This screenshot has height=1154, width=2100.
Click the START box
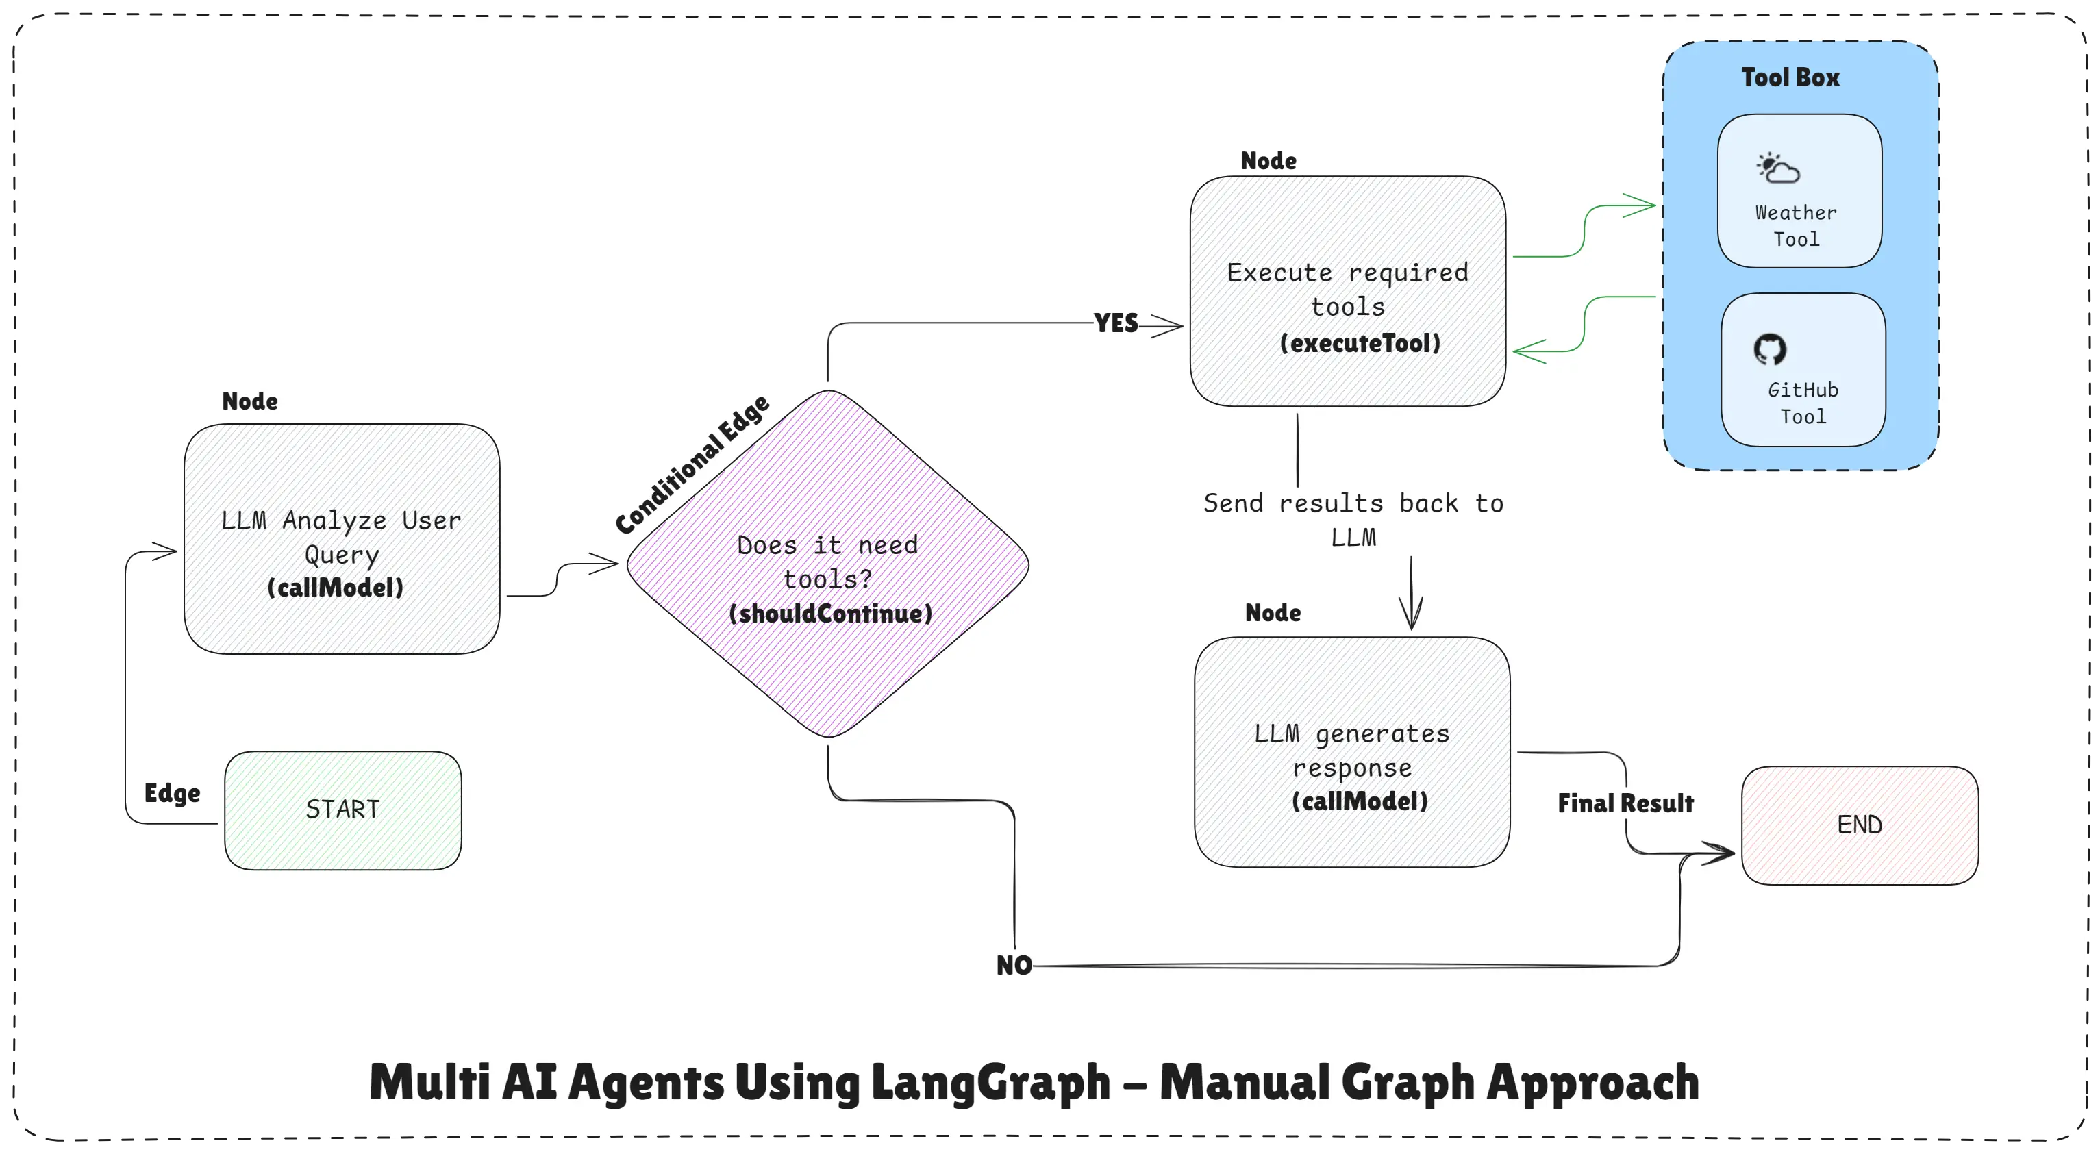tap(342, 810)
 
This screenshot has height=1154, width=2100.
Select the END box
tap(1860, 825)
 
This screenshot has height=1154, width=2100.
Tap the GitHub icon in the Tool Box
tap(1770, 349)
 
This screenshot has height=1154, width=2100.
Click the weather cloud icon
tap(1778, 168)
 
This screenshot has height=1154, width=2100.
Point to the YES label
tap(1115, 323)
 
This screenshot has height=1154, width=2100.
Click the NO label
tap(1013, 966)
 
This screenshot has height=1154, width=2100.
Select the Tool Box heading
tap(1790, 77)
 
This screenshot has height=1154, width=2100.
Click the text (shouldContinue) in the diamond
tap(830, 614)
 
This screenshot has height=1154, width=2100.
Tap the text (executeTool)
tap(1360, 343)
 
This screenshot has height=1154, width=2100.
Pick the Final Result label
tap(1625, 803)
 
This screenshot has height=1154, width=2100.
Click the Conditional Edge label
tap(692, 464)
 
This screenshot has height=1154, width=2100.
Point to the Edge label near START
tap(172, 793)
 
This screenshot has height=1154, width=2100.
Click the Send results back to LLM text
tap(1353, 520)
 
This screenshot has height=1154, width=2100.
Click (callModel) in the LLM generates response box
tap(1360, 801)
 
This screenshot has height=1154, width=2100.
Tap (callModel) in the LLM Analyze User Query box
tap(335, 588)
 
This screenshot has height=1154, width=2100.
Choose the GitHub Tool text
tap(1803, 403)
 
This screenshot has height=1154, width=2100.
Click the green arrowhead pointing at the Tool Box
tap(1640, 206)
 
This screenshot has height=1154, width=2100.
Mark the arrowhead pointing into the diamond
tap(605, 563)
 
